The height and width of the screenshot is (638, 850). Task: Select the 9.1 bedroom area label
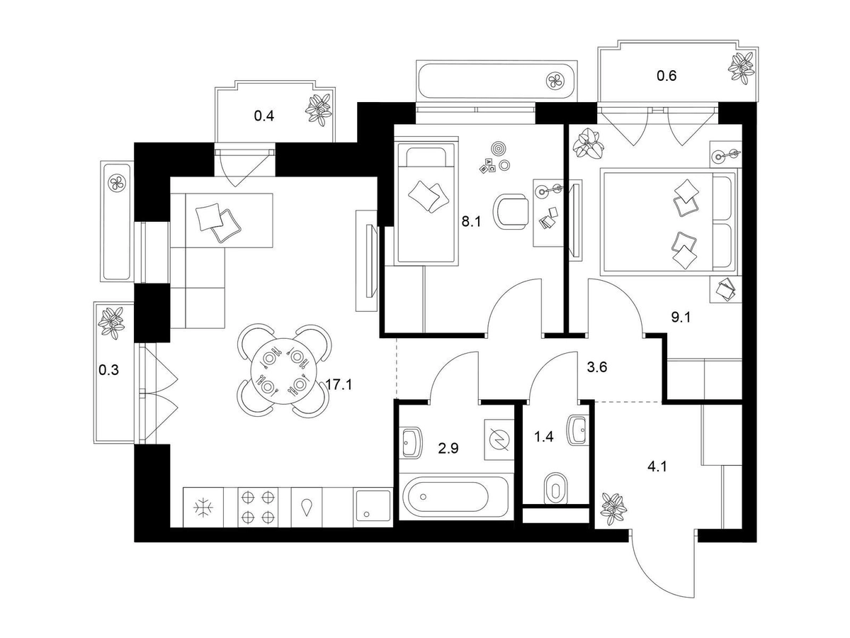(681, 317)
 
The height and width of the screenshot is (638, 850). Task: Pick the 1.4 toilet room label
(543, 437)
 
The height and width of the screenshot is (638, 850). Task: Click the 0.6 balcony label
(667, 76)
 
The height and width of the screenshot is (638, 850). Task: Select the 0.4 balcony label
(264, 115)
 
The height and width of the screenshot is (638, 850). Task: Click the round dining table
(284, 370)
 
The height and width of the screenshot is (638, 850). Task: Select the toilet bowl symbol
(556, 488)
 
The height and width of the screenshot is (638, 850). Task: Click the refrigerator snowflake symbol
(204, 507)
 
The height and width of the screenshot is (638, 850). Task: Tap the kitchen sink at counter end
(372, 506)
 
